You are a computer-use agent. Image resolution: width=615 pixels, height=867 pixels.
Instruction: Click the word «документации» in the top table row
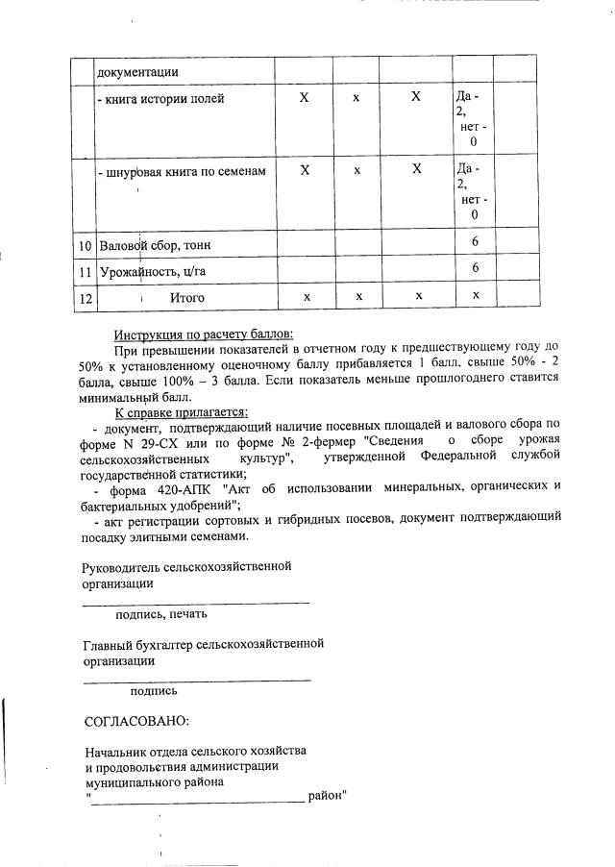point(136,72)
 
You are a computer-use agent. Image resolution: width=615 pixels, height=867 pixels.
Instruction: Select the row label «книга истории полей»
point(161,99)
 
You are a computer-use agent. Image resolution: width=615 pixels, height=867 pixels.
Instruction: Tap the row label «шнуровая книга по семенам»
point(182,171)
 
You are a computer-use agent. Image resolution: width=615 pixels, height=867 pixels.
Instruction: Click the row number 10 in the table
point(84,246)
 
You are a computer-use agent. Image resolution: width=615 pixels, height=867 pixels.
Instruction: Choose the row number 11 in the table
point(84,272)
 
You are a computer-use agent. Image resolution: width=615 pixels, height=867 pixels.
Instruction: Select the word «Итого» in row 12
point(187,298)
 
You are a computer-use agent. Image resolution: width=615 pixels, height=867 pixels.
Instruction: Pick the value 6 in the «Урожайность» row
point(475,268)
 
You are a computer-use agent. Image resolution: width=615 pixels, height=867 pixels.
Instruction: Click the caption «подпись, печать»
point(160,614)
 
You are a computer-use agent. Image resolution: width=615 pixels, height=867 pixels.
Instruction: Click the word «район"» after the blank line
point(328,796)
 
